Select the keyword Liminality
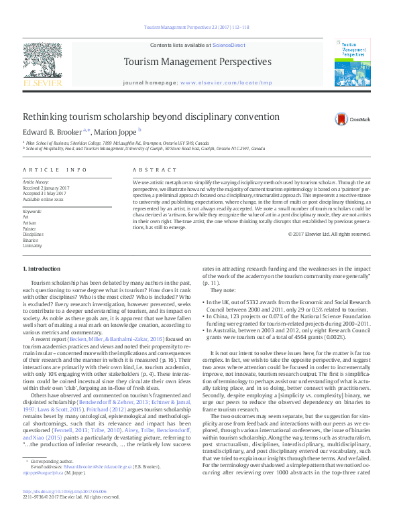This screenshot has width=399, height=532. (32, 245)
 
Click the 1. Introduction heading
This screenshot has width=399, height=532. (42, 268)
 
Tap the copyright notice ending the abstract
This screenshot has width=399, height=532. (329, 235)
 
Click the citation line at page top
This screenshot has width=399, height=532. (197, 27)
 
